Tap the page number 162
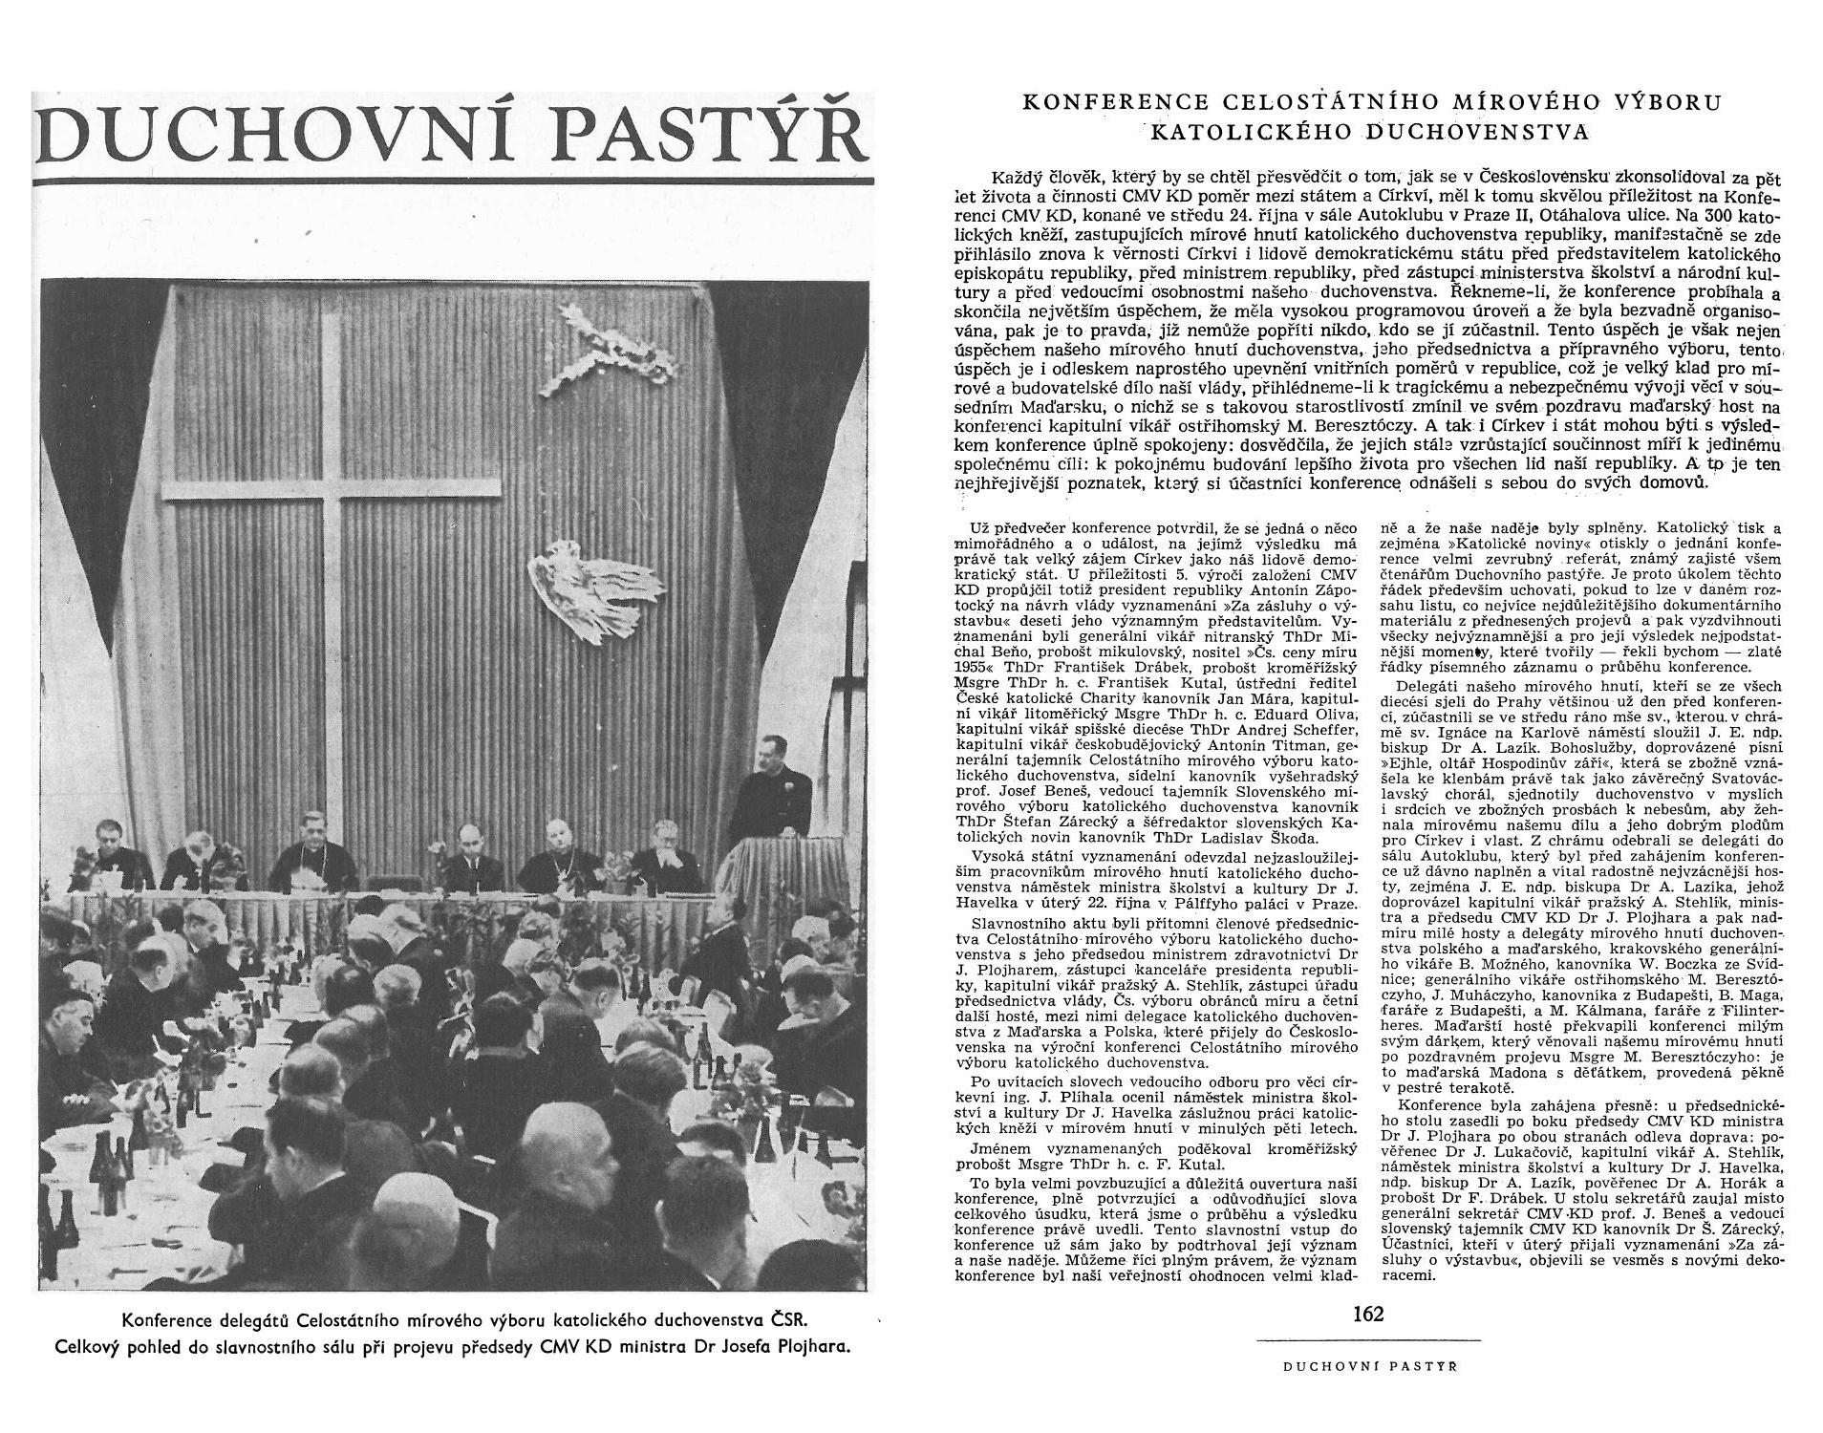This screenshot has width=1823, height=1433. (x=1368, y=1314)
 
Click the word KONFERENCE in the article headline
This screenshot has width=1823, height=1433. (x=1113, y=102)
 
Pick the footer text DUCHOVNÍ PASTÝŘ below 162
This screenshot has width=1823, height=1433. (x=1369, y=1367)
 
